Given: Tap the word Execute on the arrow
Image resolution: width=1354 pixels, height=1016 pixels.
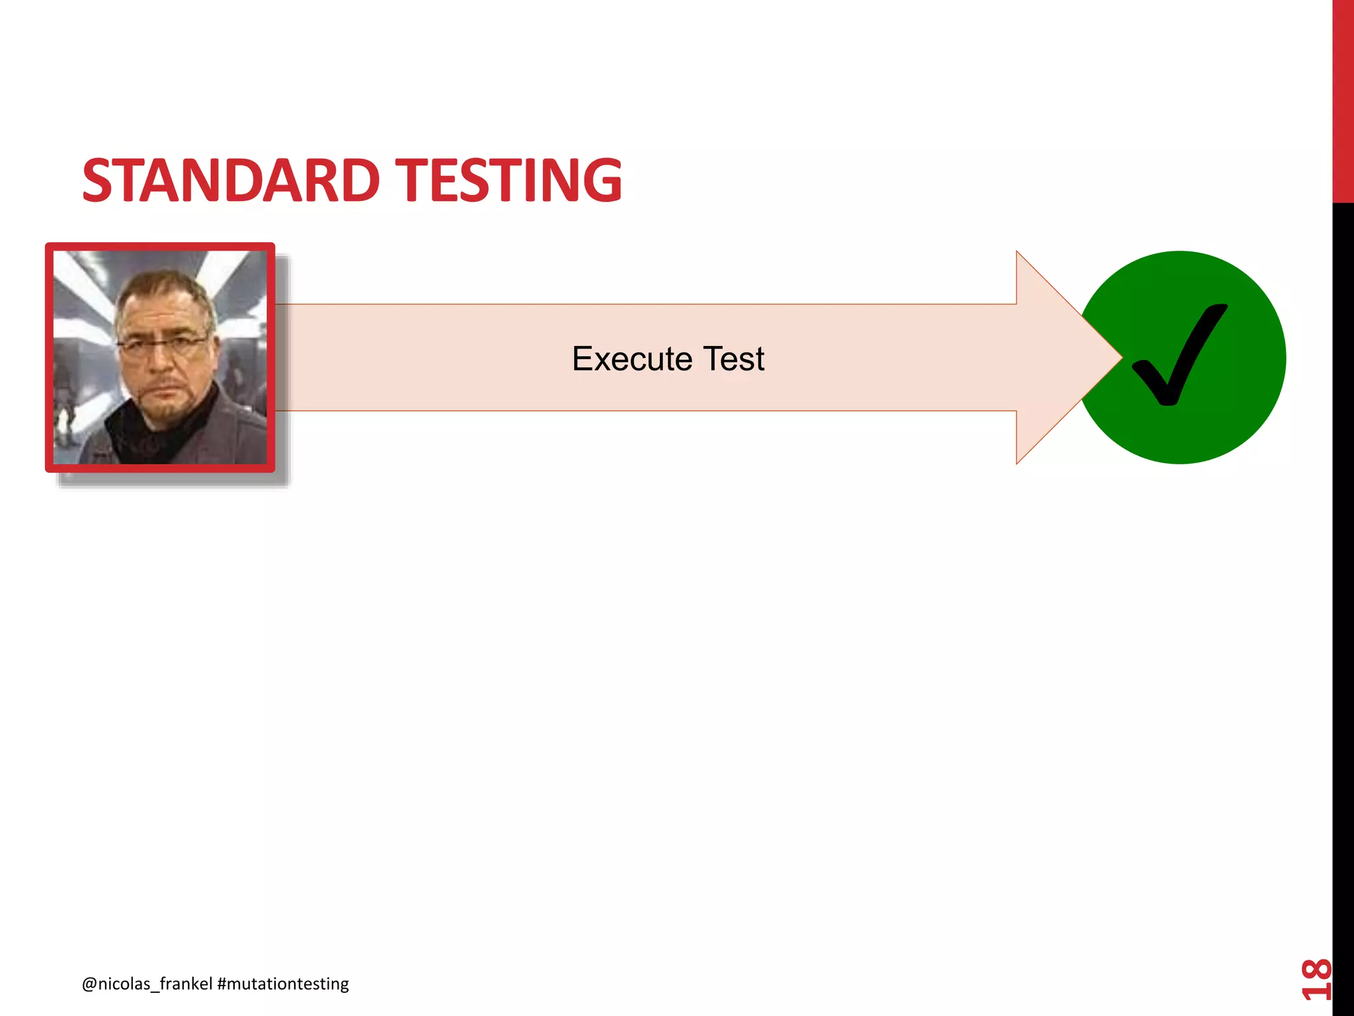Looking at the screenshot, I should tap(631, 359).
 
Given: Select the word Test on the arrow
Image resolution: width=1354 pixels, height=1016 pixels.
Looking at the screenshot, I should tap(733, 359).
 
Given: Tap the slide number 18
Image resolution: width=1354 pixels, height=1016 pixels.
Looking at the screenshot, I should tap(1316, 978).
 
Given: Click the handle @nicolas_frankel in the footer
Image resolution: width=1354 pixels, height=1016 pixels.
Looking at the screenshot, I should tap(147, 984).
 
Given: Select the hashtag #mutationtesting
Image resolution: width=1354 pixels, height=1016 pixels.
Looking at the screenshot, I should tap(283, 984).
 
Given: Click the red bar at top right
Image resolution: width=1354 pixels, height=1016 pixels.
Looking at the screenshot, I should tap(1343, 99).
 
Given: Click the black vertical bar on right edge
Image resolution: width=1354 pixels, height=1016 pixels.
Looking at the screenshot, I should tap(1343, 595).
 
